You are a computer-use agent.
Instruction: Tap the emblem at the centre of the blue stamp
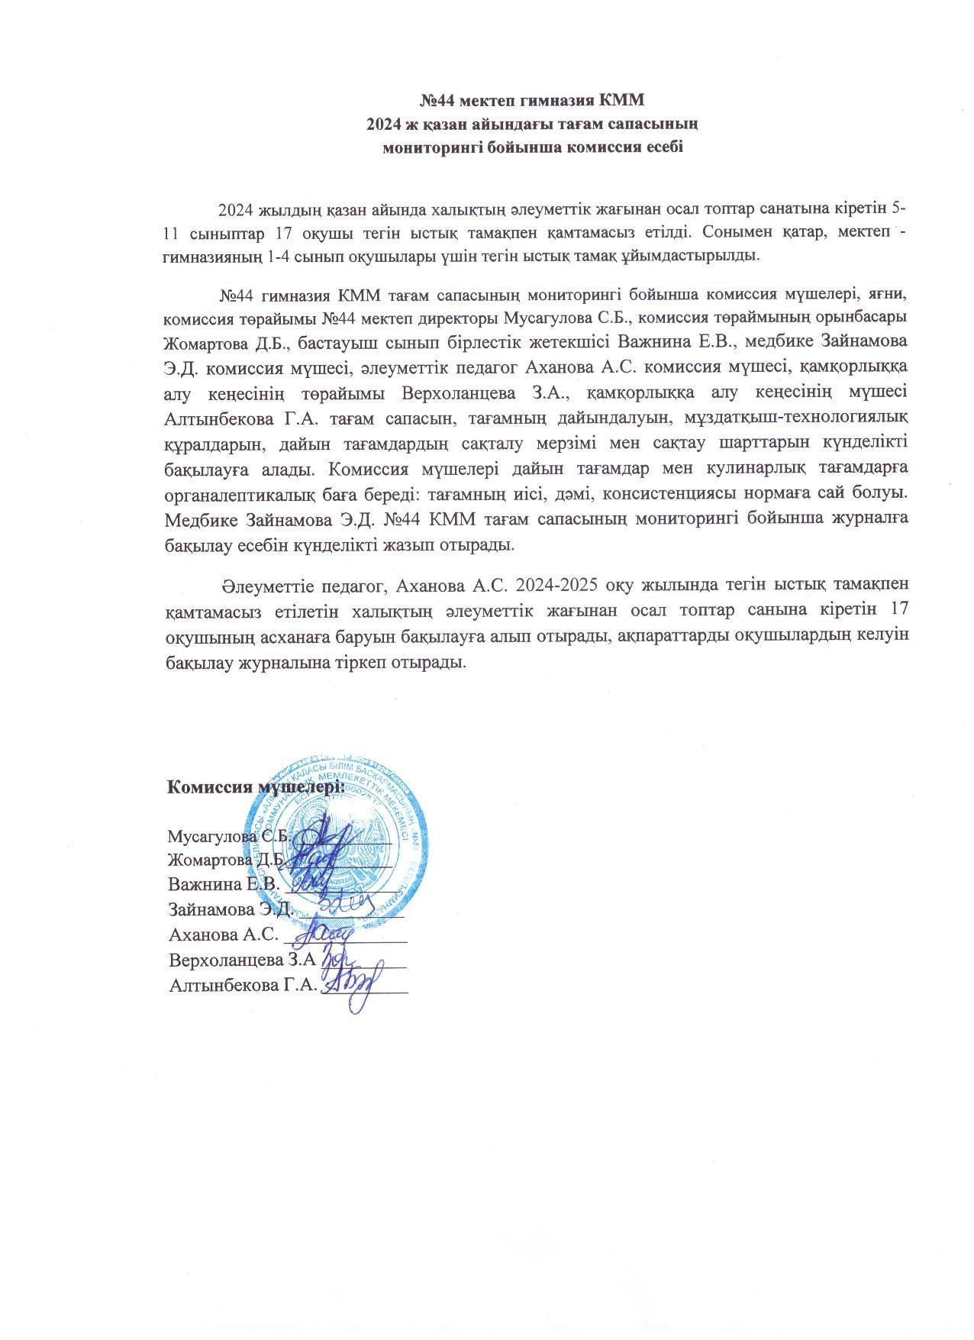pos(341,848)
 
